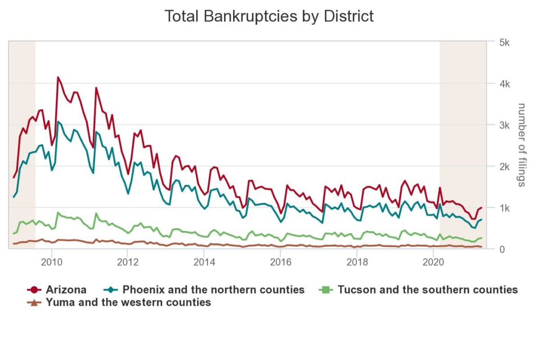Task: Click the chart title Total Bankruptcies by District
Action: click(x=269, y=16)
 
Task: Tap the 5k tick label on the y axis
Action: click(x=504, y=42)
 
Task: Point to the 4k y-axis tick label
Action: click(x=504, y=84)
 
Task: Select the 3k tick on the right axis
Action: click(x=504, y=125)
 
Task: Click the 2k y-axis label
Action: click(x=504, y=167)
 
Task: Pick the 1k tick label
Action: click(x=504, y=208)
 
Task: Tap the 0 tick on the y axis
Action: click(x=502, y=249)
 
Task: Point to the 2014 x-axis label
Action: click(x=204, y=262)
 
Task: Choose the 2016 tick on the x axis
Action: click(x=281, y=262)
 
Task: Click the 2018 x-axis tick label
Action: click(x=357, y=262)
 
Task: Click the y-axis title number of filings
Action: click(x=522, y=145)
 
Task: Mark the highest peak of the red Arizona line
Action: click(x=58, y=77)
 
